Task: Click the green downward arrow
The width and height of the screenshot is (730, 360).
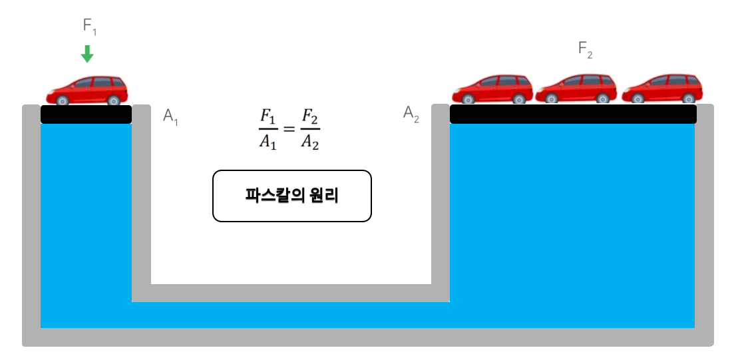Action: tap(87, 53)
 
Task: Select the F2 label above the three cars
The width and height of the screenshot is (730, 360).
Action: tap(585, 49)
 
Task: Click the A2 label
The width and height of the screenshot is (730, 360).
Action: tap(411, 114)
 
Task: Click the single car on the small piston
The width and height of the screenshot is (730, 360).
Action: tap(87, 90)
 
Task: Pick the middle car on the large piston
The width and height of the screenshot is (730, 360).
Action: tap(576, 89)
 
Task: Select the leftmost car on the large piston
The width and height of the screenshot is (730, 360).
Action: tap(493, 89)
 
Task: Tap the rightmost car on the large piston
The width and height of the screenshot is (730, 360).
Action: tap(662, 89)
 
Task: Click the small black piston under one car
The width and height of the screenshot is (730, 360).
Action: tap(87, 114)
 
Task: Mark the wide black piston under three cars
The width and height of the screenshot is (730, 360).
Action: tap(573, 114)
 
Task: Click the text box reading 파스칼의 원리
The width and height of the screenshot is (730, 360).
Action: tap(291, 196)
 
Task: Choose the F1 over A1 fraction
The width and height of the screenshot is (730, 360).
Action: tap(268, 130)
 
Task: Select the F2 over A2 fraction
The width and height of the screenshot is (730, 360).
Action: tap(309, 130)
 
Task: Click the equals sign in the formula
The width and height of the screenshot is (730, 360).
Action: tap(288, 129)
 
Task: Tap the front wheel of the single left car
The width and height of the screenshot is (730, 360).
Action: tap(62, 100)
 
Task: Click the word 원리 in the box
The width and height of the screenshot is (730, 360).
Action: tap(324, 196)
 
